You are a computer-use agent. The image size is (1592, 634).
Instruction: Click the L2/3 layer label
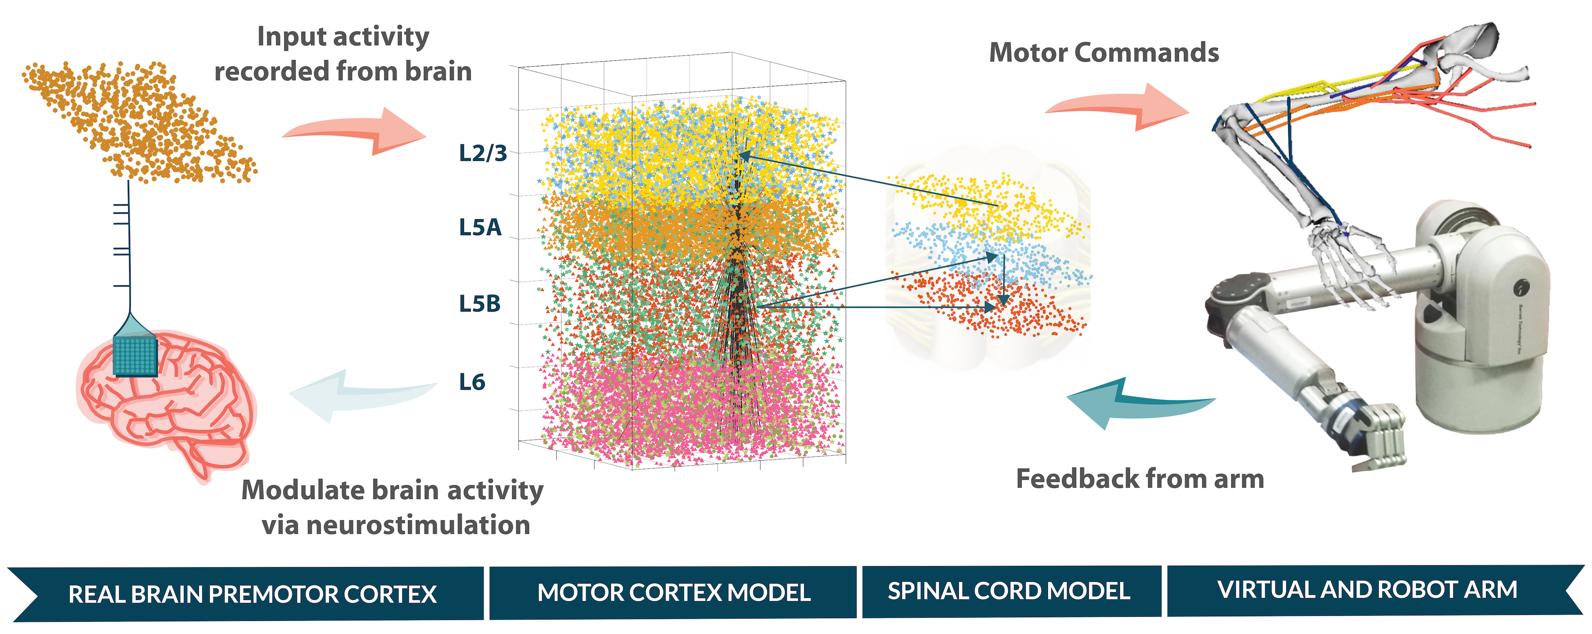click(x=483, y=153)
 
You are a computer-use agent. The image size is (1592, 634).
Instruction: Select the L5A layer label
click(x=479, y=227)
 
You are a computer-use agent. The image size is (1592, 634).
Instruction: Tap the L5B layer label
click(x=479, y=303)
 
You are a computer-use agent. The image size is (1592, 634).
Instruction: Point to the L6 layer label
click(x=472, y=382)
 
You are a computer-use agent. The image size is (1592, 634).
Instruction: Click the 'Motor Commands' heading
click(x=1104, y=52)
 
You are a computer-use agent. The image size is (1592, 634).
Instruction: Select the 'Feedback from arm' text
click(x=1139, y=479)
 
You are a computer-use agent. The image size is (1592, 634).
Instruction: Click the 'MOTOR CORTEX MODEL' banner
click(x=674, y=593)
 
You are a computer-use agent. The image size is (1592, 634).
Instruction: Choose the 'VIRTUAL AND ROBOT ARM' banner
click(x=1367, y=589)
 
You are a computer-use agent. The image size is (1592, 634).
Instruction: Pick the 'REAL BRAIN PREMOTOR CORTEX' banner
click(x=252, y=594)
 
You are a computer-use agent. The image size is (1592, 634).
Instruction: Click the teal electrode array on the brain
click(x=136, y=355)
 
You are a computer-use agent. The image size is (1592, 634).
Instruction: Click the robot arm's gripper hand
click(x=1375, y=436)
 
